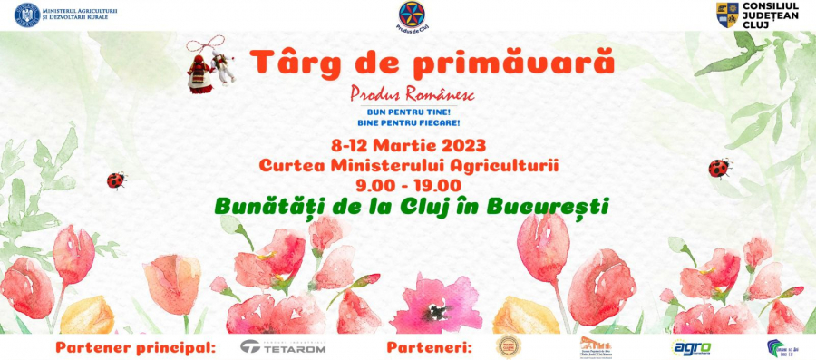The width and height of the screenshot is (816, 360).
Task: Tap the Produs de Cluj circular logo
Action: [x=411, y=15]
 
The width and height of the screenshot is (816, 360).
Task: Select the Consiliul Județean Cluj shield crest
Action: [x=727, y=15]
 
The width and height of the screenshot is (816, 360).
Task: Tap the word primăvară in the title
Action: [x=530, y=62]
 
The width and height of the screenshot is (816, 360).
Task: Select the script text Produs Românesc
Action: [x=413, y=93]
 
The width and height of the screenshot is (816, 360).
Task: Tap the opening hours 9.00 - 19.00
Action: [x=408, y=185]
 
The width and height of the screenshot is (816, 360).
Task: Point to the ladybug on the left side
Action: [x=116, y=180]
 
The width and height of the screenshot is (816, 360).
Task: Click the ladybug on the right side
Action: [x=720, y=168]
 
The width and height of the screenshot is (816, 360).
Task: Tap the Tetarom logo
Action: [x=282, y=347]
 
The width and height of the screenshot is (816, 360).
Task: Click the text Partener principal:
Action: [x=136, y=347]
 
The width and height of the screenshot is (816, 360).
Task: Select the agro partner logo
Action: [x=690, y=347]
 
